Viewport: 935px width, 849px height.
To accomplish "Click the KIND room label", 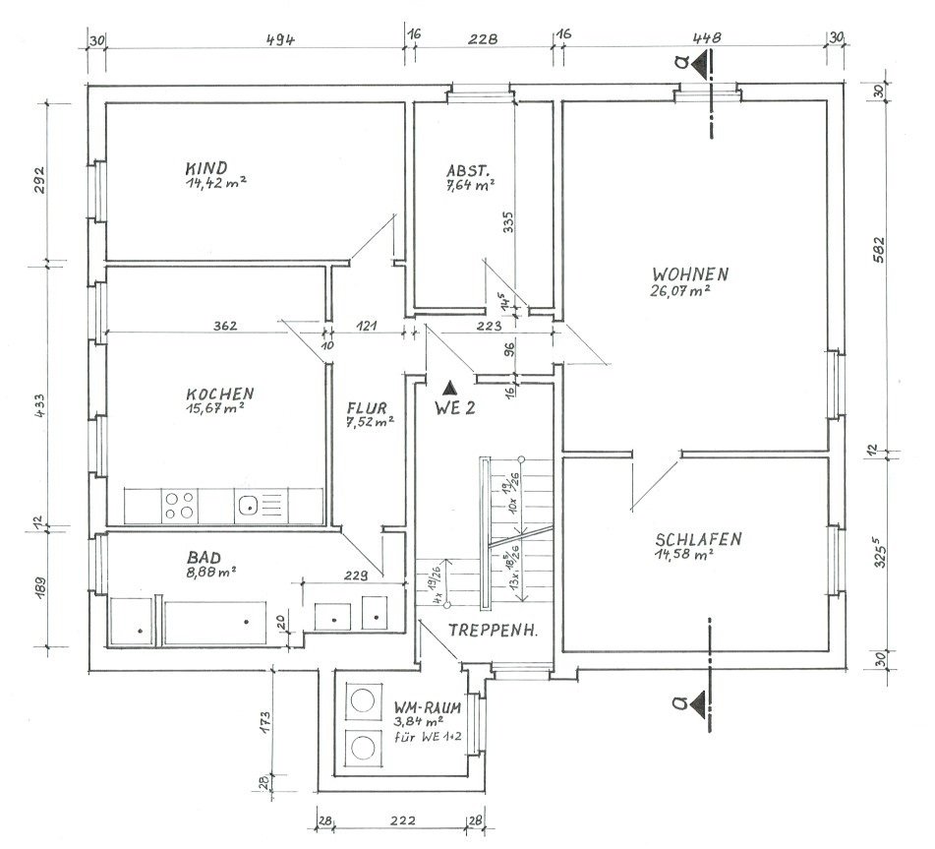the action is [206, 167].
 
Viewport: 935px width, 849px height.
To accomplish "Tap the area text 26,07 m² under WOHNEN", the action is [680, 290].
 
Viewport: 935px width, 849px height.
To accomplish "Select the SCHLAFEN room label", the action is [698, 539].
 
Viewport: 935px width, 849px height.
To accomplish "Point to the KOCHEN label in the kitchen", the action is [220, 394].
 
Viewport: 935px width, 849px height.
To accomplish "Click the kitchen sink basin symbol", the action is [246, 507].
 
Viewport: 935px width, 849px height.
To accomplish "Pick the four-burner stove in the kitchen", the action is [180, 506].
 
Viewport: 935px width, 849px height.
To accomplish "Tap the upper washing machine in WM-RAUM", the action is [362, 699].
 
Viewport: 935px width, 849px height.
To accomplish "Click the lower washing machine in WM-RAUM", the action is [362, 747].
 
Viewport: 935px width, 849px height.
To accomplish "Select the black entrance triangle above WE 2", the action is [449, 389].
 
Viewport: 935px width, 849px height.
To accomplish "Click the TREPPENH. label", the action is [493, 630].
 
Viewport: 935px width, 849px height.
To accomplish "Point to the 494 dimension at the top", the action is [280, 40].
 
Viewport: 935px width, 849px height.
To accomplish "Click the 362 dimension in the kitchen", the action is [225, 326].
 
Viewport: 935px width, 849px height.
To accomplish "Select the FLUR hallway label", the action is [367, 408].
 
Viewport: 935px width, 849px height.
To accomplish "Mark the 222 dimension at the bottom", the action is [402, 820].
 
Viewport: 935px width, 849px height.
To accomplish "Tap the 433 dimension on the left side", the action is [40, 405].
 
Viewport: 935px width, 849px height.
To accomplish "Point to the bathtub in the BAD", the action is [215, 623].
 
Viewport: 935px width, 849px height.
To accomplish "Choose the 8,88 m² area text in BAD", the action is [211, 573].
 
